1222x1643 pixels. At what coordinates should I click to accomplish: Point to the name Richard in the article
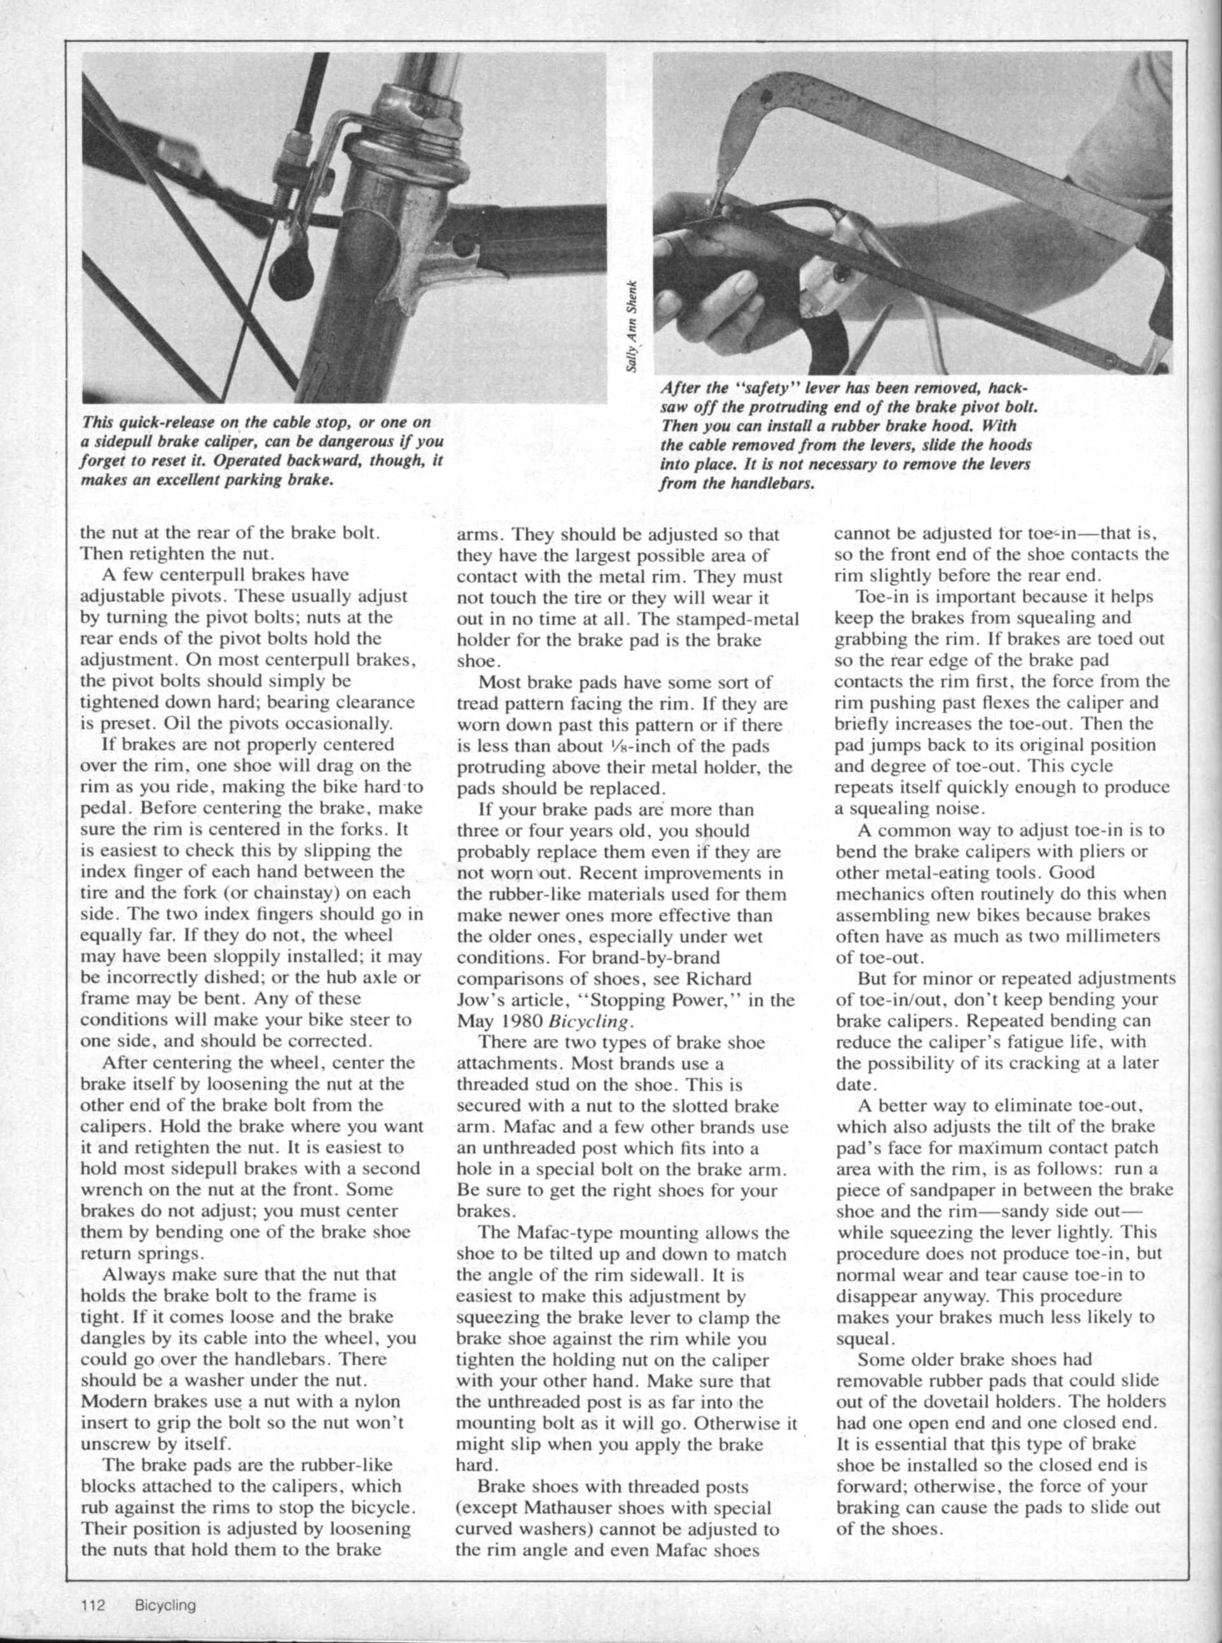click(x=717, y=979)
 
